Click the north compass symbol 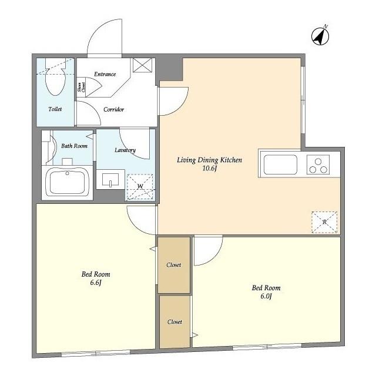click(x=320, y=36)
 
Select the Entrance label click(x=105, y=74)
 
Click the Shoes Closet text click(x=81, y=88)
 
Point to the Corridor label click(x=113, y=110)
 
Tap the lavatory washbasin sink click(x=110, y=179)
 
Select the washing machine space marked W click(x=140, y=187)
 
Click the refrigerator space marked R click(x=324, y=222)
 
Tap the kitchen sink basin click(x=280, y=164)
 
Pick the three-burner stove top click(x=318, y=164)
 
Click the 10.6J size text click(x=210, y=169)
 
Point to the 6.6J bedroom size click(x=96, y=283)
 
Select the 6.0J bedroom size click(x=266, y=296)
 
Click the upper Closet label click(x=174, y=265)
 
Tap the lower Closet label click(x=174, y=322)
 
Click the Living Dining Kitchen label click(x=210, y=160)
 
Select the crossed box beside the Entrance click(x=142, y=65)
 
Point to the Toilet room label click(x=55, y=109)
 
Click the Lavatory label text click(x=125, y=150)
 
